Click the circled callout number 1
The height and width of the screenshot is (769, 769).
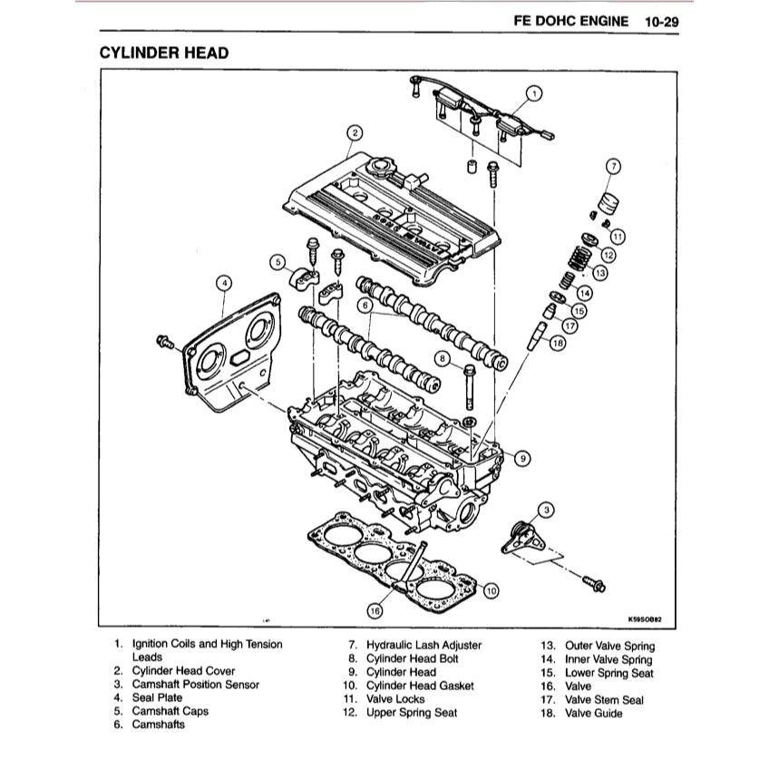pos(534,92)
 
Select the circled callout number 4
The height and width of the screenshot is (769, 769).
pos(224,284)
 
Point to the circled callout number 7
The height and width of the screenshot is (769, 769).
pos(613,166)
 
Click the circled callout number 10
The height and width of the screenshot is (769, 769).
pos(491,590)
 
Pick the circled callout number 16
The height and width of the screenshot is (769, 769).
pos(375,610)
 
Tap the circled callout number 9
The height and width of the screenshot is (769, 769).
pos(522,459)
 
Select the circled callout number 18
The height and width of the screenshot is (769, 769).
pos(557,343)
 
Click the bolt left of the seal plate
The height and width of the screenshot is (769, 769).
pos(166,342)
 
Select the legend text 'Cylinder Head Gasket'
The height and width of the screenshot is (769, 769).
pos(419,686)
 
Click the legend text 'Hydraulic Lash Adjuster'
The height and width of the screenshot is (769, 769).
pos(423,645)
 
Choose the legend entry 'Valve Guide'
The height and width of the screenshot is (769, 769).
pos(594,713)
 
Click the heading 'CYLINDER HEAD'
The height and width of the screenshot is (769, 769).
pos(163,53)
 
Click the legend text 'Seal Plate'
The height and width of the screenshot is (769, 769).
pos(157,697)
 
